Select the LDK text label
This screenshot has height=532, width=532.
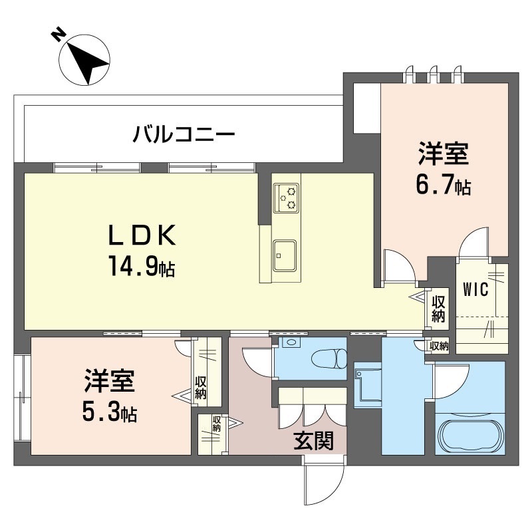tap(142, 235)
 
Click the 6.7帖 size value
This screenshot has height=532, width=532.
tap(444, 186)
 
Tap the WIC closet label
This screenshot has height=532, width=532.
tap(476, 289)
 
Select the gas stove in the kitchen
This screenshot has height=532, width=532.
tap(287, 196)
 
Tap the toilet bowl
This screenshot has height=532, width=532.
tap(331, 358)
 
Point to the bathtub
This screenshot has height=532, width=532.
tap(469, 433)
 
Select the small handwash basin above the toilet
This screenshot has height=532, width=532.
tap(291, 342)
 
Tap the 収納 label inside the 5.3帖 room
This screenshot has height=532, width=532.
tap(200, 388)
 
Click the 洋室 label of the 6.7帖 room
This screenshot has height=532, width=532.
tap(444, 154)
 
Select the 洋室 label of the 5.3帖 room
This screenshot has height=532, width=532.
tap(110, 382)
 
